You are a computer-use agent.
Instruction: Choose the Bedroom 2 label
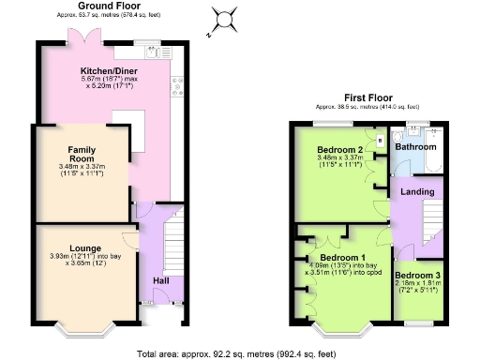coord(339,150)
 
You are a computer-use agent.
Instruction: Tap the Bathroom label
coord(414,147)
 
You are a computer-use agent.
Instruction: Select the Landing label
coord(417,191)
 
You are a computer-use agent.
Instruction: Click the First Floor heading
coord(367,97)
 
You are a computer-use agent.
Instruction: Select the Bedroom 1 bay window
coord(340,329)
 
